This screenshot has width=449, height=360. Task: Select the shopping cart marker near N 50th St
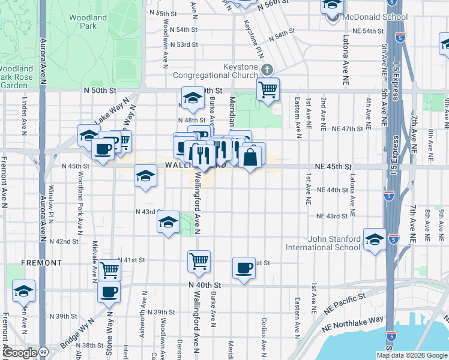[268, 89]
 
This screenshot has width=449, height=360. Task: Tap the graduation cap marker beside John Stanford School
[375, 239]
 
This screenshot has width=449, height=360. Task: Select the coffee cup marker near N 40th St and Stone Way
[109, 292]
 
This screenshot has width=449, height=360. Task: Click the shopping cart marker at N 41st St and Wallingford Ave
[199, 261]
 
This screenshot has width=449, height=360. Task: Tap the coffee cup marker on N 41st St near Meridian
[244, 268]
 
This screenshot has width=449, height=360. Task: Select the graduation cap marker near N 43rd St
[169, 222]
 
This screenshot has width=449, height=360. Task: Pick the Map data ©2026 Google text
[411, 355]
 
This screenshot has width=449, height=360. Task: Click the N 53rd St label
[183, 44]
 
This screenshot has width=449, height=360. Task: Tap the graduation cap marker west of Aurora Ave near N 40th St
[23, 290]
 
